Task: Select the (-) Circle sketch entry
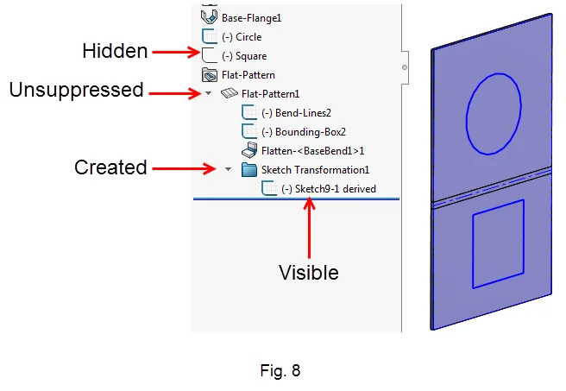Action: [x=242, y=37]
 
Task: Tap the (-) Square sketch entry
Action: [x=244, y=56]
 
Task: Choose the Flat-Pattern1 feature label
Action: [x=270, y=93]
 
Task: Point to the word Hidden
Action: [x=115, y=52]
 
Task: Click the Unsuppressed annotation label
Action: [x=76, y=90]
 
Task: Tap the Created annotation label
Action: [x=110, y=167]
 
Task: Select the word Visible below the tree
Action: [x=308, y=273]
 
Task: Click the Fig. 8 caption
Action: [x=280, y=372]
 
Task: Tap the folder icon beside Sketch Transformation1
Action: [x=249, y=169]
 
